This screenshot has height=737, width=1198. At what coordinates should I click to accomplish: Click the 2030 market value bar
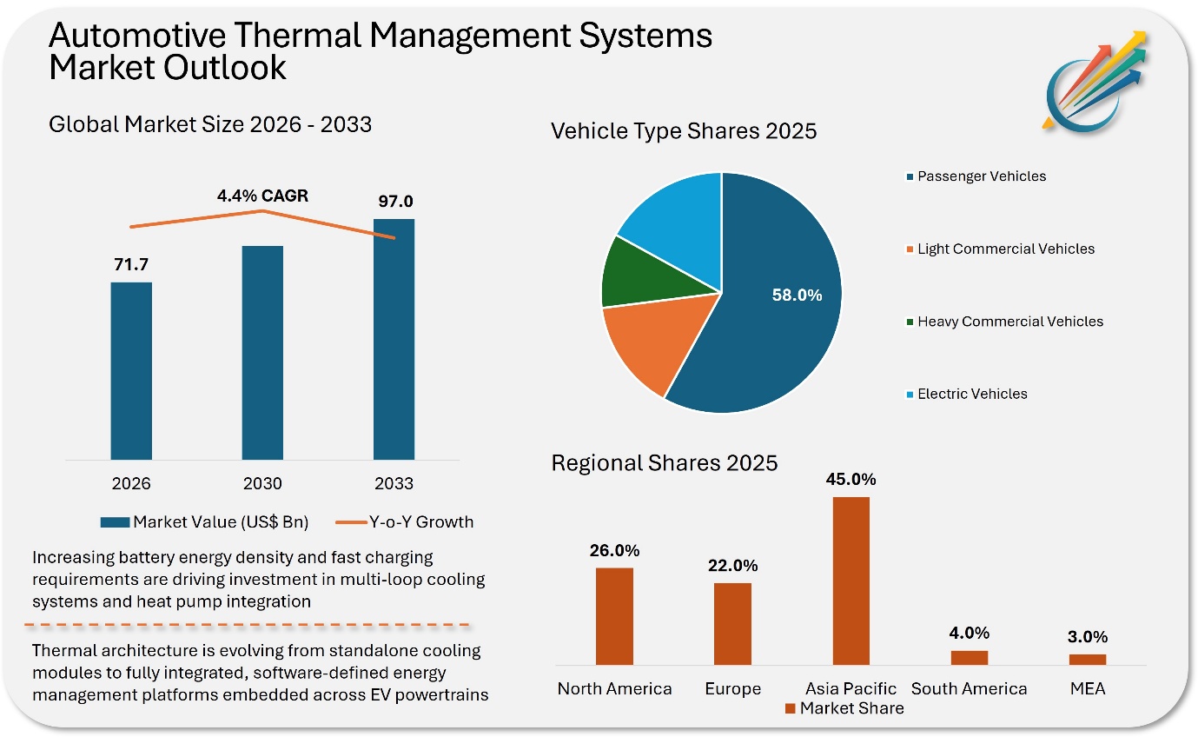(x=262, y=352)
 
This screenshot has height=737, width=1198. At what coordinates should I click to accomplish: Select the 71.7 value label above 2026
(x=131, y=264)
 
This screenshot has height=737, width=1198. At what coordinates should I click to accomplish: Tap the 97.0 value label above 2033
(x=394, y=201)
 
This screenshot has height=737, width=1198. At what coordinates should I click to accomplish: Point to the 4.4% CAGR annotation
(x=262, y=196)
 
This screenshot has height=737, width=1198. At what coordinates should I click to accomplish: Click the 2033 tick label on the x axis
(x=394, y=483)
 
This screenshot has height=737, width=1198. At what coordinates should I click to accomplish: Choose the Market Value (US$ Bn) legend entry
(x=205, y=522)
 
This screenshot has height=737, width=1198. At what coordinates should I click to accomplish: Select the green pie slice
(x=634, y=271)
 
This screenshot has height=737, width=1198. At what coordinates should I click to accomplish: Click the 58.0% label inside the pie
(x=797, y=295)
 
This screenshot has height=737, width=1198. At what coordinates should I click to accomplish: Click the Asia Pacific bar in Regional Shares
(x=851, y=581)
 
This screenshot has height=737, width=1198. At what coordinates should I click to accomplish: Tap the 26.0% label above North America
(x=614, y=550)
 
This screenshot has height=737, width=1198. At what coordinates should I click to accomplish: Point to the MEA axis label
(x=1088, y=689)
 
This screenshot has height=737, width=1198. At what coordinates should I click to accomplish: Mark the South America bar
(x=969, y=658)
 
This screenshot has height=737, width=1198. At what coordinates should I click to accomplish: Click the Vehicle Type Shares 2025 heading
(x=684, y=131)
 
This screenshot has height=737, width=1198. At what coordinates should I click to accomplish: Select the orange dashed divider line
(x=248, y=625)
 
